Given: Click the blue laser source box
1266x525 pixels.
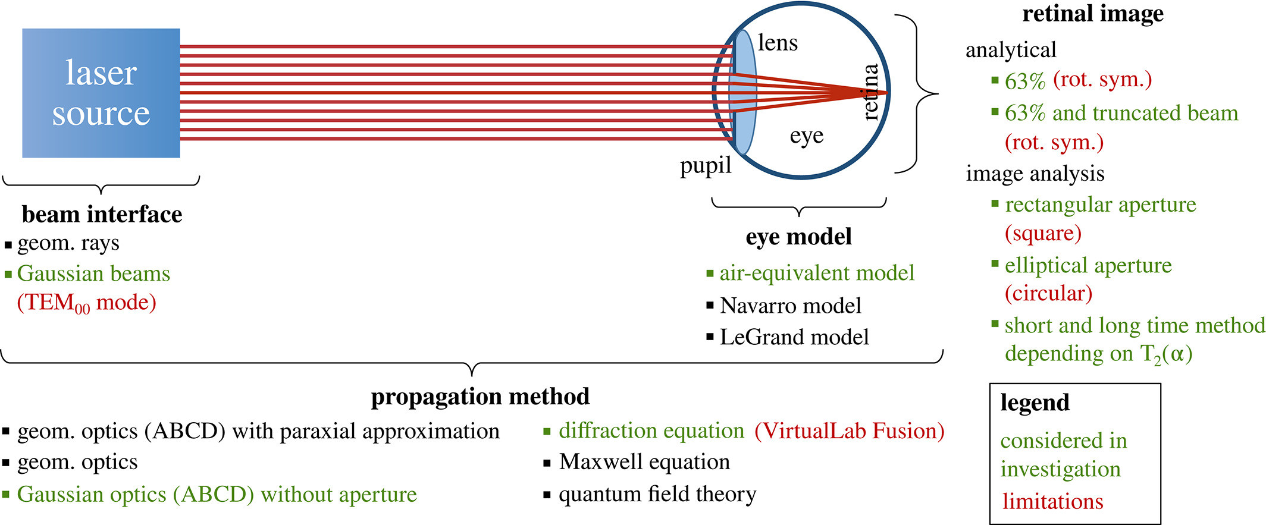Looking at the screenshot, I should coord(101,93).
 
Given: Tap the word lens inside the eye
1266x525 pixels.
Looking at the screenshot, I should coord(778,43).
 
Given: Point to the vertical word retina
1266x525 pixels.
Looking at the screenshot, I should coord(870,92).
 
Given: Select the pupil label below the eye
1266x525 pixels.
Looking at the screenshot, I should coord(706,166).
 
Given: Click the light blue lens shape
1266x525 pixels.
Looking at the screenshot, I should coord(744,92).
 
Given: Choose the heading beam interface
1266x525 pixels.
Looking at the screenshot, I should coord(102,215).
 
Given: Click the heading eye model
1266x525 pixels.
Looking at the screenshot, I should coord(798,237).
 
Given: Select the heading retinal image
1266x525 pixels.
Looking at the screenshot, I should coord(1093,14).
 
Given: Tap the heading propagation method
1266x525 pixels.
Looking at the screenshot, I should coord(480,397).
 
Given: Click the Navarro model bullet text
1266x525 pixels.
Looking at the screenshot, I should coord(790,306).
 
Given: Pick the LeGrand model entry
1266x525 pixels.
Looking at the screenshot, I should coord(794,337).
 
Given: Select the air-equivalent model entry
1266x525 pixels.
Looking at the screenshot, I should coord(816,273).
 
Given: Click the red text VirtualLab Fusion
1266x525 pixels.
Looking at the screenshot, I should coord(849,431).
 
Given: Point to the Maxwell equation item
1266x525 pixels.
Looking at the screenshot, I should coord(644,462).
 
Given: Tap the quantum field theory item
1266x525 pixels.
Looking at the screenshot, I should coord(657,494).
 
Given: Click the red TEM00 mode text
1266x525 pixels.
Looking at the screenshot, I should coord(87,303).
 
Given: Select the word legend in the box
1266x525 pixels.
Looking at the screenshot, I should coord(1035,403).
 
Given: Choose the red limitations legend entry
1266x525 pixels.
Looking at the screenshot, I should coord(1052,501).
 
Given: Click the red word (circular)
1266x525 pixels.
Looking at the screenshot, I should coord(1048,293).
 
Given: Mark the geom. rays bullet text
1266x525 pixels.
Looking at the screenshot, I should coord(68,243).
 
